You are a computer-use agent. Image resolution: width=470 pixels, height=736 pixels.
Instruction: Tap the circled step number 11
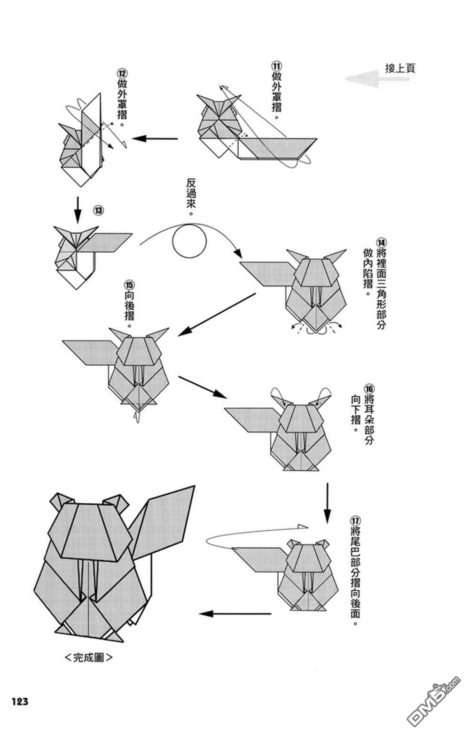pos(276,66)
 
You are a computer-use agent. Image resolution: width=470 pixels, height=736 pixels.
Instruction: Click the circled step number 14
pos(381,243)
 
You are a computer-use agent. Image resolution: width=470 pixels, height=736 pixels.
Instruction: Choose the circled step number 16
pos(369,388)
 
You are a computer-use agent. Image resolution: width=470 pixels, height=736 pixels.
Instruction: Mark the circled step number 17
pos(355,521)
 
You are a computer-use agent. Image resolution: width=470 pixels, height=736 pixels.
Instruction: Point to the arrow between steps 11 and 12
pos(155,139)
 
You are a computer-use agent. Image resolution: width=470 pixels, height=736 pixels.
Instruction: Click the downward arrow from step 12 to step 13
pos(78,208)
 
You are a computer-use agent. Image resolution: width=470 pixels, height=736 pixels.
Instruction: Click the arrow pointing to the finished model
pos(235,613)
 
